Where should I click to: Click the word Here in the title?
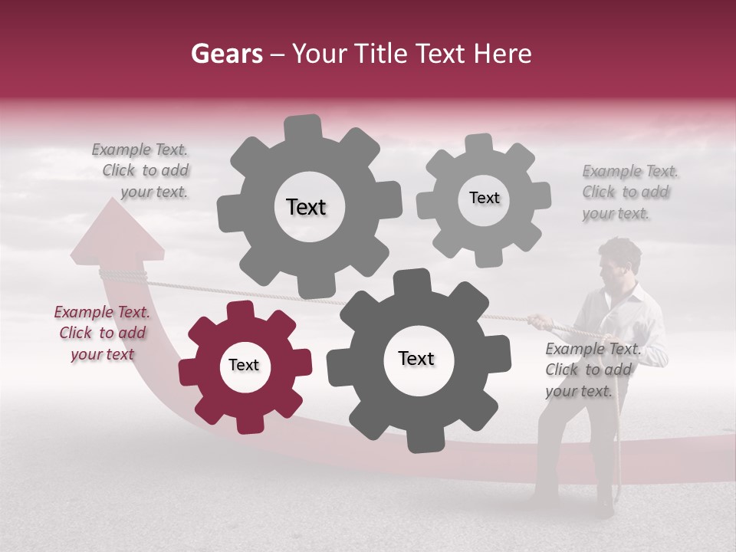(503, 54)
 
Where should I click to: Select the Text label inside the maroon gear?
(244, 366)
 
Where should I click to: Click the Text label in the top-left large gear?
(306, 207)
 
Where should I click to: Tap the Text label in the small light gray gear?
(484, 198)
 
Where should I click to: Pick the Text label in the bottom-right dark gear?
(416, 358)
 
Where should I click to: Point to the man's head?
(620, 261)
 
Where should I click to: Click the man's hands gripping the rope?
(541, 320)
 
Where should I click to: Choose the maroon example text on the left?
(102, 333)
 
